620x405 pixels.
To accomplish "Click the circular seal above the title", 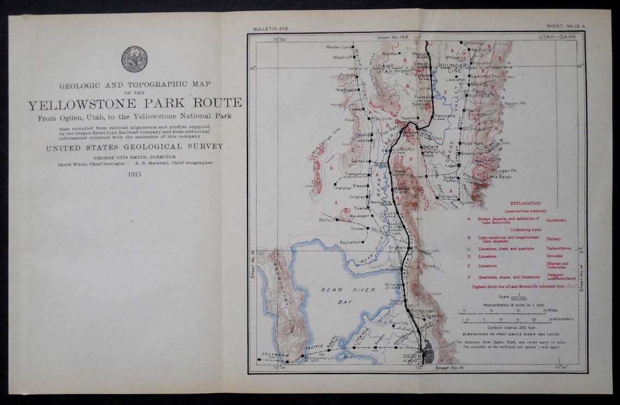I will point(134,59).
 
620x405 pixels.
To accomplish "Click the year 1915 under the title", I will point(134,174).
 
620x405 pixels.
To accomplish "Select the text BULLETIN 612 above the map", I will point(270,28).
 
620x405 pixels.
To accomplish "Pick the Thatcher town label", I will point(343,188).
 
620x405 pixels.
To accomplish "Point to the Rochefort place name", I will point(350,242).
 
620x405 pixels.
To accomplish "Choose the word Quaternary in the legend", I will point(556,220).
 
